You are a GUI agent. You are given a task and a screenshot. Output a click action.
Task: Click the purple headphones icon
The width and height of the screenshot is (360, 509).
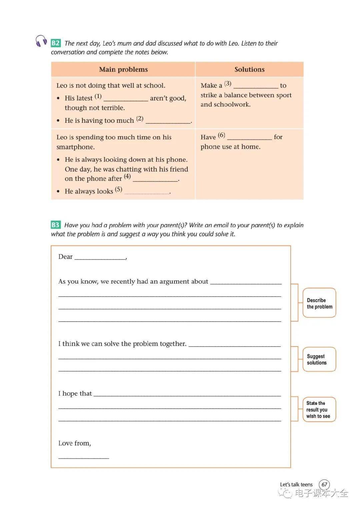pos(41,41)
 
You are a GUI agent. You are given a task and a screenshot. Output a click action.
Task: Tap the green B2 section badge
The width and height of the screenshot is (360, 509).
pos(55,43)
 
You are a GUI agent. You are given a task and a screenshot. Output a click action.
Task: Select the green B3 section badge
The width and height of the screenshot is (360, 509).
pos(55,225)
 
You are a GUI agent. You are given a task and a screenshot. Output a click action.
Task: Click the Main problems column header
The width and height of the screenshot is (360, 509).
pos(123,69)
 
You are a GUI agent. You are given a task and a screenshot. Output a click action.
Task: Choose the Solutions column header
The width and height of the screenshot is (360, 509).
pos(249,69)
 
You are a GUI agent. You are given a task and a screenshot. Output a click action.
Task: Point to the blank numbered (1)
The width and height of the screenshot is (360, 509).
pos(126,99)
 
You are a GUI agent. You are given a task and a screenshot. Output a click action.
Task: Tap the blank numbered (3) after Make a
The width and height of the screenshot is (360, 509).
pos(256,86)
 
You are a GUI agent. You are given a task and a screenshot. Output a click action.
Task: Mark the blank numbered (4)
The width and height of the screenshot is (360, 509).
pos(155,179)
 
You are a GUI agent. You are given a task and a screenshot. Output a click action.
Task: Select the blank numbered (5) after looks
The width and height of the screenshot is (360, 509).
pos(147,192)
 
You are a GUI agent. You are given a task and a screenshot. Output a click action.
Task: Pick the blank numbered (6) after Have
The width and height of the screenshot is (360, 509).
pos(249,137)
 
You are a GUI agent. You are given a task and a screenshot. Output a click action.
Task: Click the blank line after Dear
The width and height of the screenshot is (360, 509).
pos(100,257)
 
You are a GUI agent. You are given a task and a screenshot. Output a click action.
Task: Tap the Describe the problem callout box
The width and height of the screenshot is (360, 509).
pos(319,303)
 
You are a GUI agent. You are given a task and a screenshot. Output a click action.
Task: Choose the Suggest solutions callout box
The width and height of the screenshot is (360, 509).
pos(319,359)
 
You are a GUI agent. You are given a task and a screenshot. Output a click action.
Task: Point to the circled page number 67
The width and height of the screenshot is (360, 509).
pos(324,484)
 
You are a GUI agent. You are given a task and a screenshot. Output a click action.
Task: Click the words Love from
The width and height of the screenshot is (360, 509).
pos(74,443)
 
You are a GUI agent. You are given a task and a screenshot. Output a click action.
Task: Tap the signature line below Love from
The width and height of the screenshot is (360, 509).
pos(84,457)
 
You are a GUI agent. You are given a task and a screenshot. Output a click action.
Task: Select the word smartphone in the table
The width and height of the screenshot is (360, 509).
pos(76,147)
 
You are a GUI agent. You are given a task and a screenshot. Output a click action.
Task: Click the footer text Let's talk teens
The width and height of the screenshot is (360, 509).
pos(296,484)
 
